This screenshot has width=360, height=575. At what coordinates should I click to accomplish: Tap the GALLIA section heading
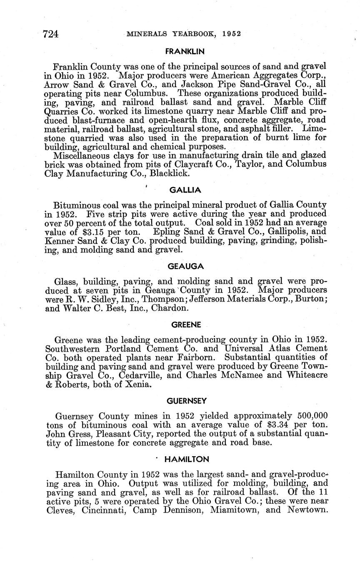pos(185,190)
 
